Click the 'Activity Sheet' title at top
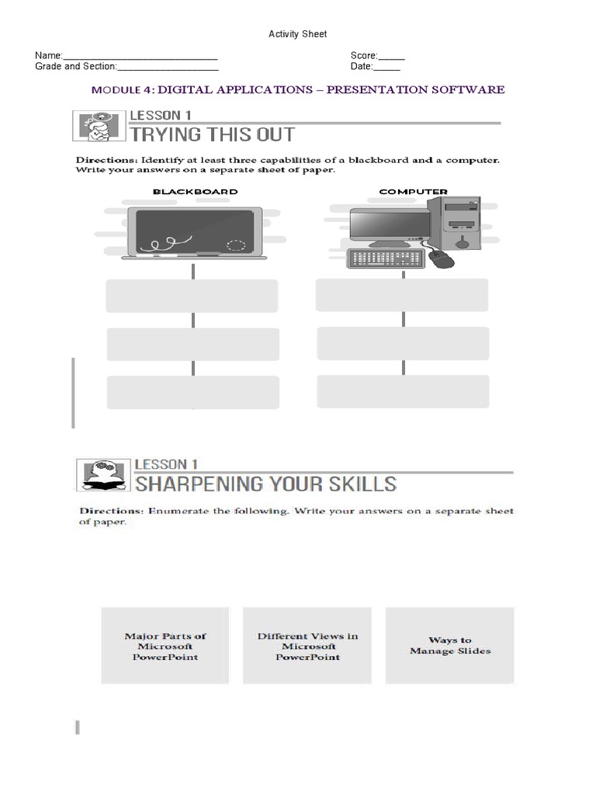297,33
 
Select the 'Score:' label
364,56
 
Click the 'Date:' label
362,67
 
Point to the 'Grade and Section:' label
75,67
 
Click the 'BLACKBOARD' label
195,191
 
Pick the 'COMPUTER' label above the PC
412,191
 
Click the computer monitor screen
389,224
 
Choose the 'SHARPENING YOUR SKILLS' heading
266,484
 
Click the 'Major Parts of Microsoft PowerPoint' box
165,645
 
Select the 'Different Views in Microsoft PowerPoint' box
308,645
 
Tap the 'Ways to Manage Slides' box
449,645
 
